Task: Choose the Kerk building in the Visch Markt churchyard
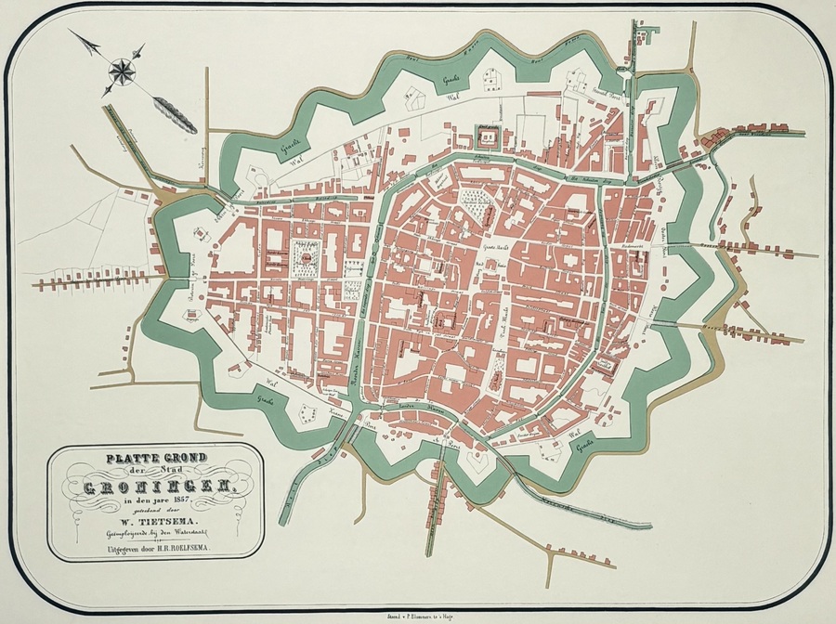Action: (x=499, y=370)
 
